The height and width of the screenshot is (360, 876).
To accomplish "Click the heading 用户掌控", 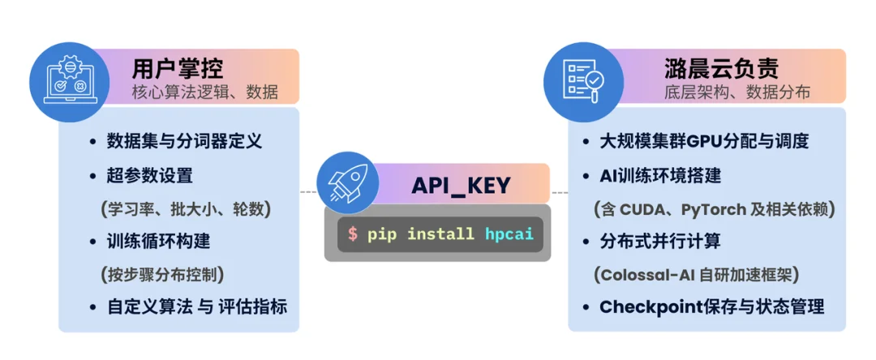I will [x=177, y=70].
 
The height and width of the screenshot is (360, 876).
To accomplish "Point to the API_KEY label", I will [x=461, y=185].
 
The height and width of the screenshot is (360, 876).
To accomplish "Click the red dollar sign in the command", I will [x=353, y=234].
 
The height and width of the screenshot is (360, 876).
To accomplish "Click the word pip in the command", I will [x=381, y=234].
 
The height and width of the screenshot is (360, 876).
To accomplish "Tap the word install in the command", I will [x=440, y=234].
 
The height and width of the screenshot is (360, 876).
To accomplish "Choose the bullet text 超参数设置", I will [x=150, y=174].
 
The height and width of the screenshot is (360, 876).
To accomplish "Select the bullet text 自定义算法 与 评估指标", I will [x=197, y=307].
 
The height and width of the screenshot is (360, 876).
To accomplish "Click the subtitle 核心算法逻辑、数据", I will [x=204, y=92].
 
